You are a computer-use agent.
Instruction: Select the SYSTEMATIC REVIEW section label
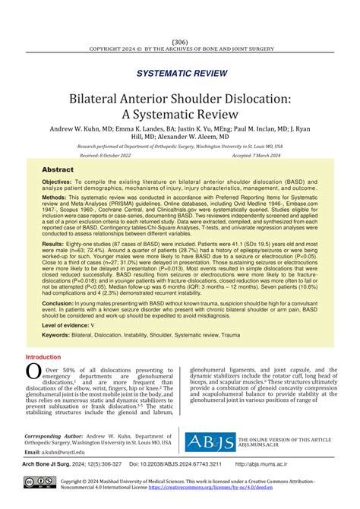pyautogui.click(x=179, y=73)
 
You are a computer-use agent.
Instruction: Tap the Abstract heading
pyautogui.click(x=58, y=170)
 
